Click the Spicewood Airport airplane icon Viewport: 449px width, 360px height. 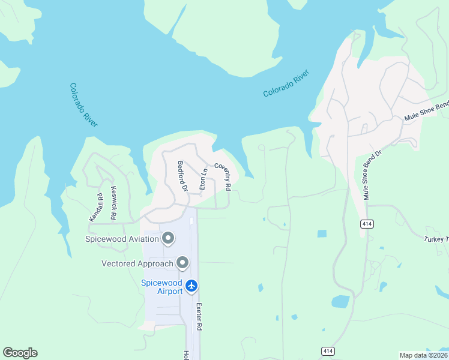191,286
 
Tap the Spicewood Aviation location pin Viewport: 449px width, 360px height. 168,239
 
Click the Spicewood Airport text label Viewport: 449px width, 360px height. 161,287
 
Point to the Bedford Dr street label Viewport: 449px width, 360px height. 183,176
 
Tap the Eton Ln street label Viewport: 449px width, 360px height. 203,179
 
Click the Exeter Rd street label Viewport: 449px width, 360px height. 199,316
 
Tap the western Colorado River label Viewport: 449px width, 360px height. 83,104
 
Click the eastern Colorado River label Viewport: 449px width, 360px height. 286,84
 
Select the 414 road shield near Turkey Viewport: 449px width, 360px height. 367,224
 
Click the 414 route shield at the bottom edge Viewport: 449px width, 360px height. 327,351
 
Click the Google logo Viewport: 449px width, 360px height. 20,353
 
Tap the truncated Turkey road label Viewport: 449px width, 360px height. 436,239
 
